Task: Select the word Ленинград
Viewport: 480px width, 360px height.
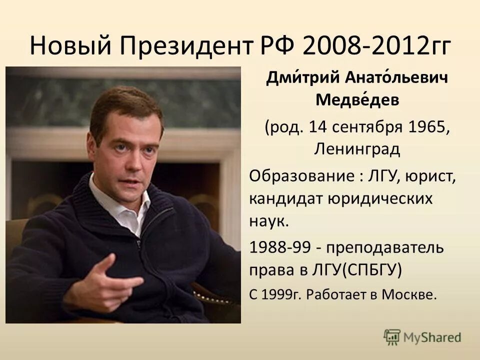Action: click(x=357, y=148)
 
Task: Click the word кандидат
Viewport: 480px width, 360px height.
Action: click(x=285, y=198)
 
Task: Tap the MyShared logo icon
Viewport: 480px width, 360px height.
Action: click(x=392, y=336)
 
